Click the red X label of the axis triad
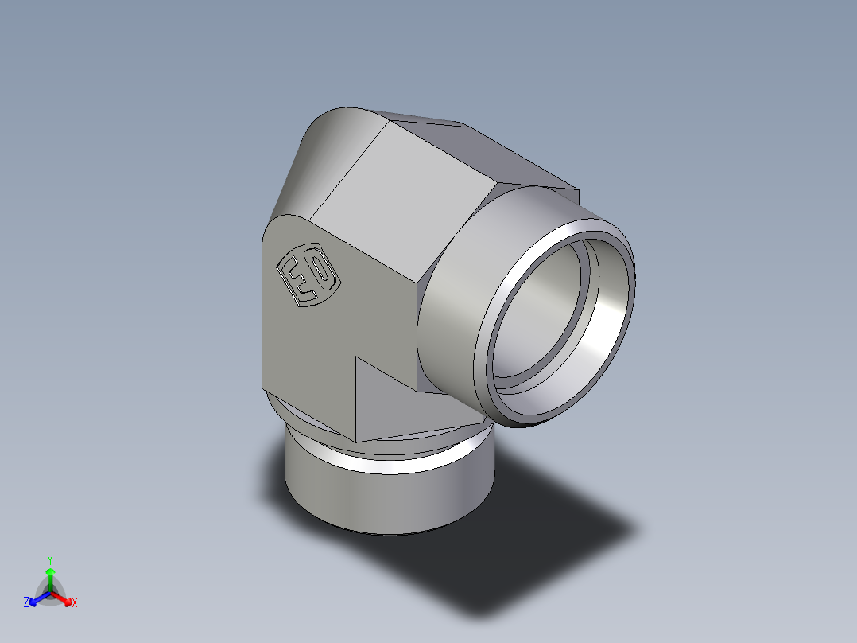point(75,603)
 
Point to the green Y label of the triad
point(50,559)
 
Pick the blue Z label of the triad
point(26,603)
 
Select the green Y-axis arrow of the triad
point(50,577)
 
